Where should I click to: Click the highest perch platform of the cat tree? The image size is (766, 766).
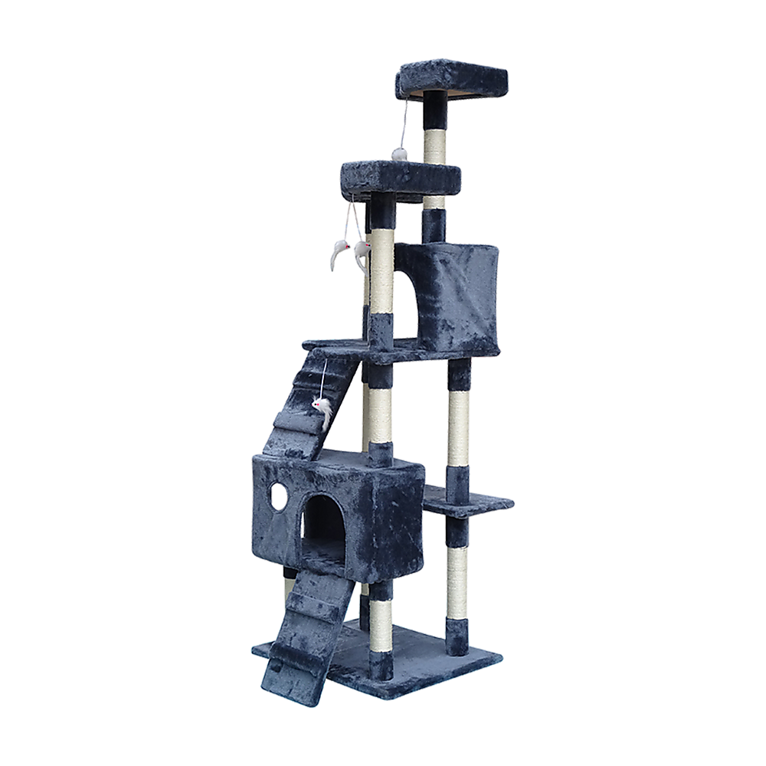pyautogui.click(x=452, y=78)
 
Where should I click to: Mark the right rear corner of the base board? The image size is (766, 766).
pyautogui.click(x=502, y=655)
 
